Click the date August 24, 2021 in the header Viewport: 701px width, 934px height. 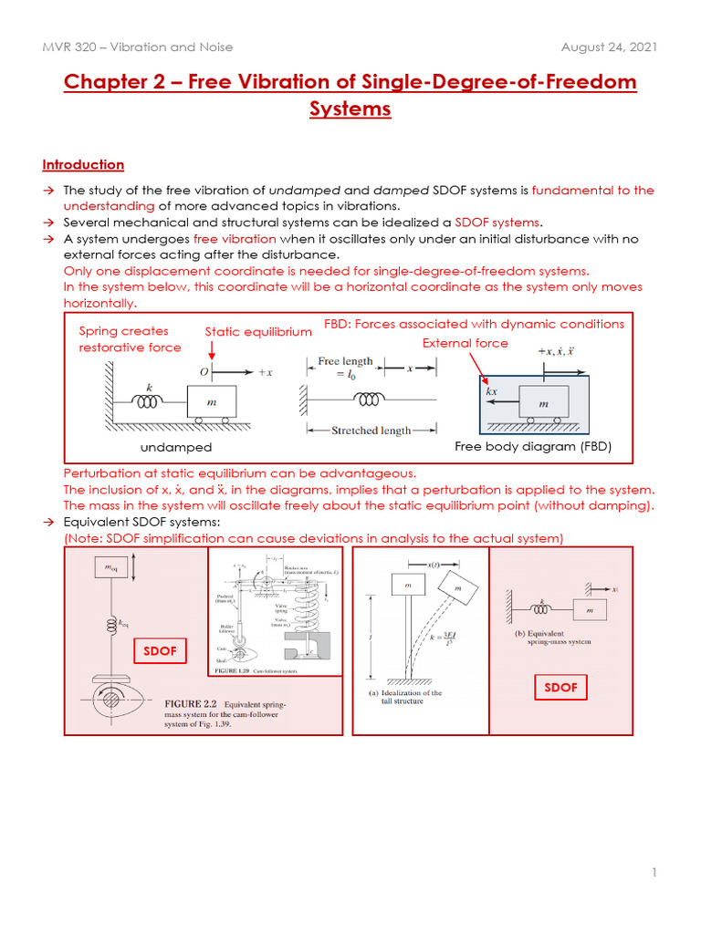610,47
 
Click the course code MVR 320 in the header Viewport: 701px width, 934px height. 73,47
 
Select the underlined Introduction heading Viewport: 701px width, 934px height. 83,164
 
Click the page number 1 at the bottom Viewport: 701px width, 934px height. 654,873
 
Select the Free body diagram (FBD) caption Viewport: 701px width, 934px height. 532,446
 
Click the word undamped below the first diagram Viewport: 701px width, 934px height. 176,447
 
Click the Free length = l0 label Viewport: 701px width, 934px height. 345,367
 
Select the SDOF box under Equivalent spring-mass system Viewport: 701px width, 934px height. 560,687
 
